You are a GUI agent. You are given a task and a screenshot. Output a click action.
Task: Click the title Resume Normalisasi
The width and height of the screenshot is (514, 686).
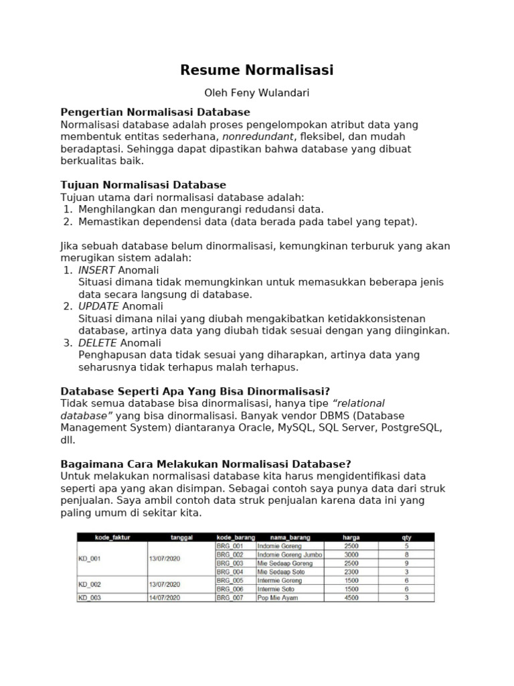[x=257, y=70]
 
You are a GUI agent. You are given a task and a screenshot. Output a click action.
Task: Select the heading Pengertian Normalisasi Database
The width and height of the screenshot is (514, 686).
[x=155, y=112]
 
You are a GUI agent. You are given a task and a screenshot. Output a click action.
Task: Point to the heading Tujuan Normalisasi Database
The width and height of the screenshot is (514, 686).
[x=143, y=185]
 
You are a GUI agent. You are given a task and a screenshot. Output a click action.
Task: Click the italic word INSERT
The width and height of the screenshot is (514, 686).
[x=97, y=270]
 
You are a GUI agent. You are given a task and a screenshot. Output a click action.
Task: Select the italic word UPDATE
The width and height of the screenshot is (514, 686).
[x=99, y=306]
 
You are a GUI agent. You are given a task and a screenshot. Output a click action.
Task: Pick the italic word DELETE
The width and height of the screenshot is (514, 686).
[x=98, y=342]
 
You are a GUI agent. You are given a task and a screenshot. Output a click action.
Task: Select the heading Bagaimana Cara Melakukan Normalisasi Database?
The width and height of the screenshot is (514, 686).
[x=205, y=464]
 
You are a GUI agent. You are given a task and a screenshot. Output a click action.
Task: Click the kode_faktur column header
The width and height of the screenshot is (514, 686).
[x=112, y=537]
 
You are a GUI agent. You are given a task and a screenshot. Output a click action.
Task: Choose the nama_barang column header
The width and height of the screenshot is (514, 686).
[x=290, y=537]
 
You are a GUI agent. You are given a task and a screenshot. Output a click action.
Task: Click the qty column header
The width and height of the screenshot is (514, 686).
[x=406, y=537]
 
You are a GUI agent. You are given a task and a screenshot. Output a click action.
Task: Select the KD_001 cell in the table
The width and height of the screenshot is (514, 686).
[x=90, y=559]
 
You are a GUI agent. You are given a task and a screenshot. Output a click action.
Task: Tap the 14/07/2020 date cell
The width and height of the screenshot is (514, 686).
[x=164, y=598]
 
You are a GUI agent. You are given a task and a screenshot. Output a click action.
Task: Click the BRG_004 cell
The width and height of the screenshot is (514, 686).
[x=230, y=572]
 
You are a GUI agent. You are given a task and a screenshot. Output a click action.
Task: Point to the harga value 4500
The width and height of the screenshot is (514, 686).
[x=351, y=598]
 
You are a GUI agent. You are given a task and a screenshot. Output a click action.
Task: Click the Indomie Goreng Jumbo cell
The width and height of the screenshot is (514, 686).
[x=290, y=555]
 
